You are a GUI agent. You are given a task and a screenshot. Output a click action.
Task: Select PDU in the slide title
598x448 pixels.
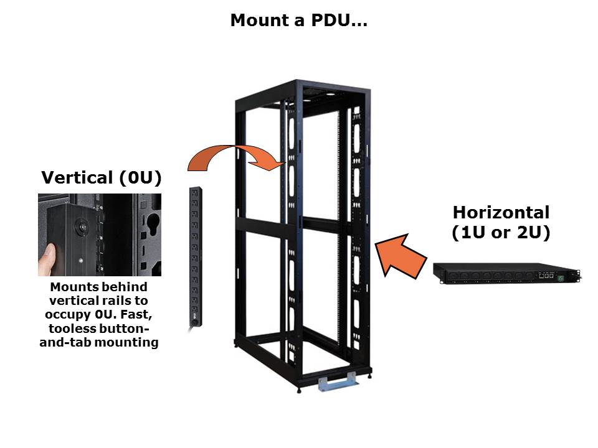point(325,21)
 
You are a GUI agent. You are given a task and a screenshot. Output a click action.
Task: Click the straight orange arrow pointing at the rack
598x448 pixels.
point(402,255)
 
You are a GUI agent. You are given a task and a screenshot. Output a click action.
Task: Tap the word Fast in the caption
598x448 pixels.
point(132,315)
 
